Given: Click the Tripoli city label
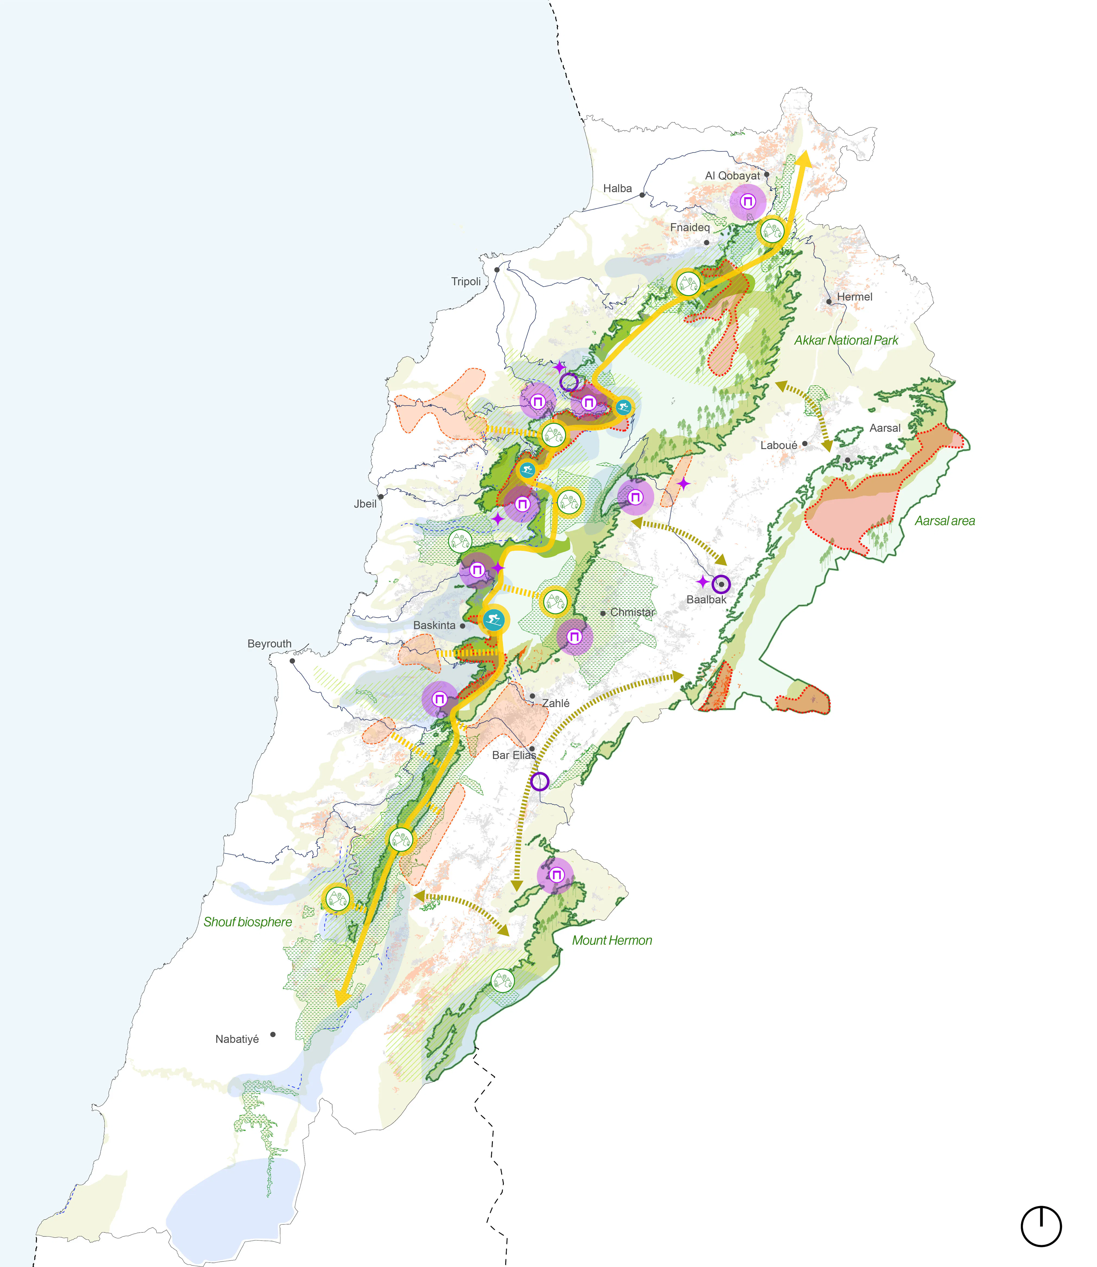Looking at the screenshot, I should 466,282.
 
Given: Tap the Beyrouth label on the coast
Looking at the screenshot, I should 269,644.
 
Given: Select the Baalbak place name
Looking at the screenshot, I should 706,599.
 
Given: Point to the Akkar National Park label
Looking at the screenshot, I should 846,341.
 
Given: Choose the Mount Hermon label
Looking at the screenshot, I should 611,941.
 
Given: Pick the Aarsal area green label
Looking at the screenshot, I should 945,521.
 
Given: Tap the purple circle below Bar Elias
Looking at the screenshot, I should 539,781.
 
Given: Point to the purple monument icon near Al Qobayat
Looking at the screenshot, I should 748,202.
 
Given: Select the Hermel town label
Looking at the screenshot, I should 855,297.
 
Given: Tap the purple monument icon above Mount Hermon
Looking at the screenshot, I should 555,875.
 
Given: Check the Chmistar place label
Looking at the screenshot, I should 632,612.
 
